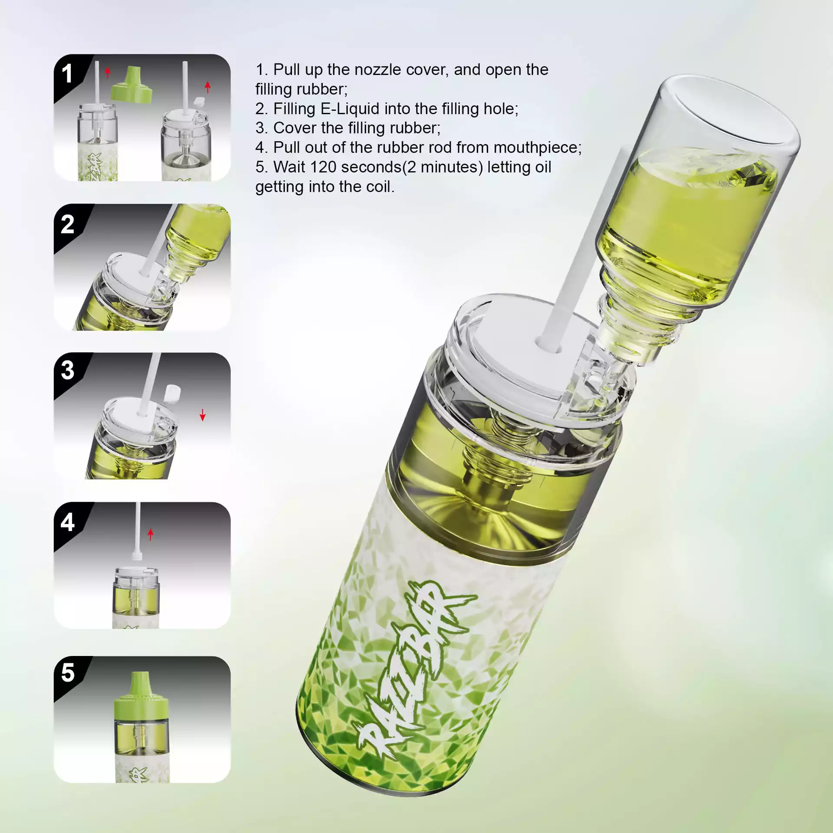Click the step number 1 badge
point(67,73)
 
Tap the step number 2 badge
point(67,224)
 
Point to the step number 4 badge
point(67,521)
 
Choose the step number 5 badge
point(68,673)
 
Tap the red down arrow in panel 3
point(203,415)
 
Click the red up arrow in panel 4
point(151,534)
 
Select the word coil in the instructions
point(380,187)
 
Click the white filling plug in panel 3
point(172,393)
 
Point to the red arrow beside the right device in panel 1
point(208,87)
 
